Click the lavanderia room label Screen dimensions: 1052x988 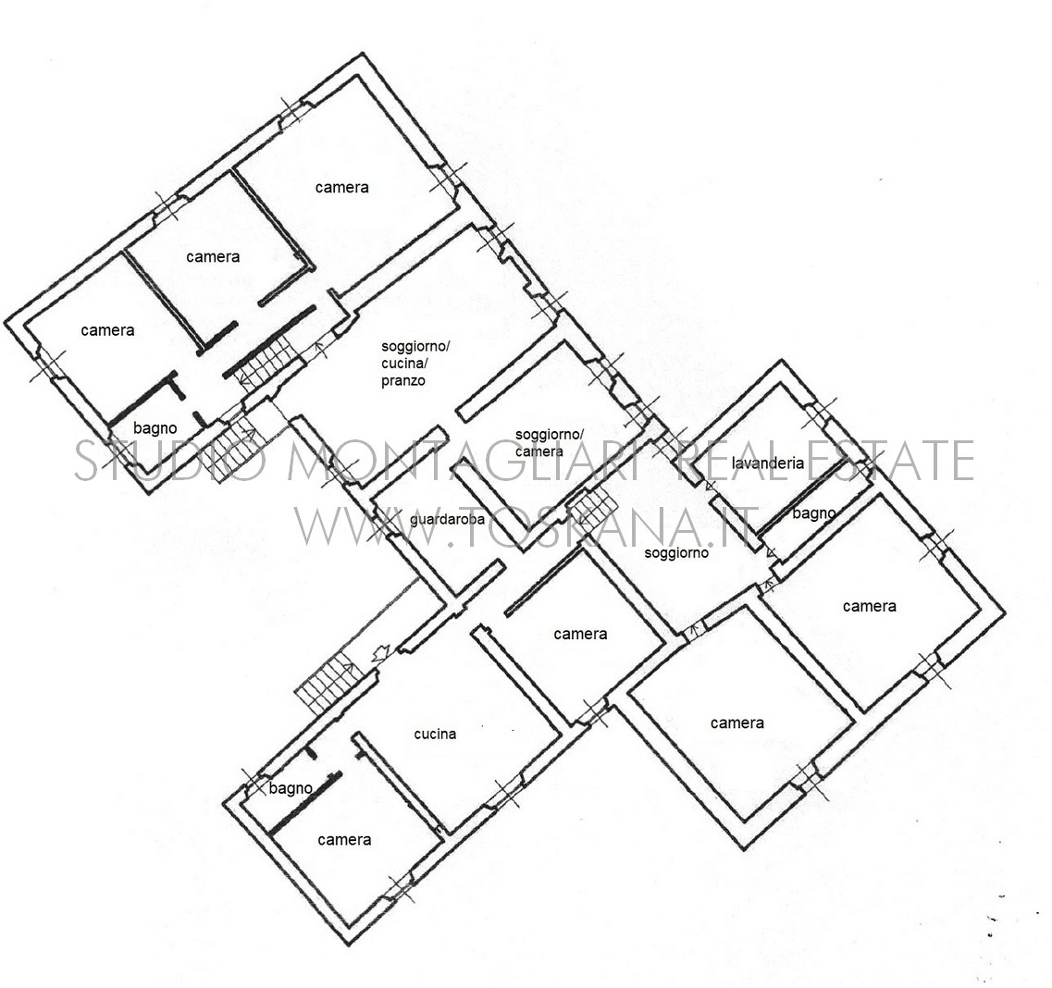point(768,463)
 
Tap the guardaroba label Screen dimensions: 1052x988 point(447,519)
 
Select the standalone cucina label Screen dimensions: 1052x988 point(435,734)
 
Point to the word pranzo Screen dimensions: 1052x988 point(403,381)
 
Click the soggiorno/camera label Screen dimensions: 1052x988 point(549,443)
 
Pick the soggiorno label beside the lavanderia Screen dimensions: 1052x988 point(676,552)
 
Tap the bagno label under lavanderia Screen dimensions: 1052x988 point(814,513)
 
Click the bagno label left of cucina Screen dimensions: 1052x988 point(291,788)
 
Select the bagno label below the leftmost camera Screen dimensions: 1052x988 point(155,428)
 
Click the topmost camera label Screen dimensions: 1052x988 point(342,187)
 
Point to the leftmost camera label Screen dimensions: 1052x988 point(107,330)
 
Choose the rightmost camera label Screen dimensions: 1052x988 point(870,606)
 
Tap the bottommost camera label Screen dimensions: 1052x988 point(344,840)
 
